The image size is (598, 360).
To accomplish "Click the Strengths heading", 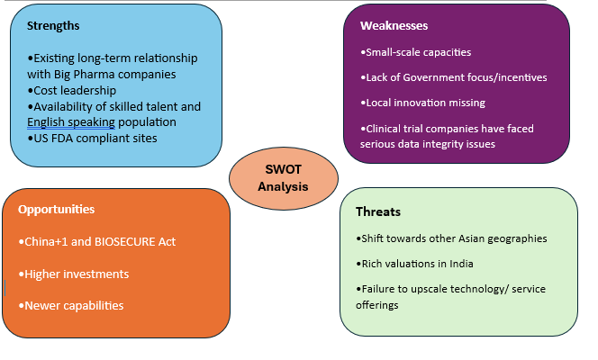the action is coord(53,26).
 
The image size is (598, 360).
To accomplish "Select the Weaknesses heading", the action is coord(394,26).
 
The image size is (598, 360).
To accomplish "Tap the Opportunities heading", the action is coord(57,210).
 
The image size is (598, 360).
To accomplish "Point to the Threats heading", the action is coord(378,211).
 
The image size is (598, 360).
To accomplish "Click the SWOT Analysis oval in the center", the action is coord(284,178).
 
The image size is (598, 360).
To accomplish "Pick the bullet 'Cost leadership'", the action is coord(72,91).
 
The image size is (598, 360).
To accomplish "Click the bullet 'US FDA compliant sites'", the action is coord(92,139).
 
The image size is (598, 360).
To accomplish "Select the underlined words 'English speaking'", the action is coord(71,122).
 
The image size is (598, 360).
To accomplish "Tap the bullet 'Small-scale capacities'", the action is coord(416,52).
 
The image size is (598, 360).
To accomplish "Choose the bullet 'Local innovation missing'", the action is coord(422,103).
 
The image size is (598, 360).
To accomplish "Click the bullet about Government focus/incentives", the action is coord(454,77).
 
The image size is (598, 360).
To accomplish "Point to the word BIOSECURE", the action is coord(124,242).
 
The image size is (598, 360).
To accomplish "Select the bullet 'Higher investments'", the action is coord(74,274).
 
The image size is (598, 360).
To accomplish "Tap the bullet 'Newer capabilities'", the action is coord(71,305).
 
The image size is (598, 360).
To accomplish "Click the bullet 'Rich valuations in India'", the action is coord(414,264).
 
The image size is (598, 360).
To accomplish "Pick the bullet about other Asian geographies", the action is coord(451,238).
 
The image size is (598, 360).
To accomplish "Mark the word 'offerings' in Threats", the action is coord(377,305).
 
